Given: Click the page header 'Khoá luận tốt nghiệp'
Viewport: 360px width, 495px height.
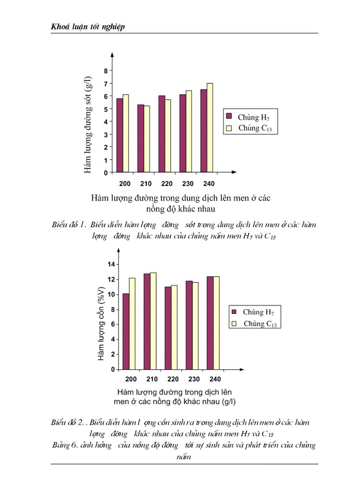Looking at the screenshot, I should point(88,27).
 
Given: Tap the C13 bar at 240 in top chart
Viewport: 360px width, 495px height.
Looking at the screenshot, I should point(210,128).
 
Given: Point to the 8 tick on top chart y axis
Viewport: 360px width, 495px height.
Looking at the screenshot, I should point(105,71).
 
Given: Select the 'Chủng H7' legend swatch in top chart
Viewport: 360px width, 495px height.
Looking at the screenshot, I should point(229,116).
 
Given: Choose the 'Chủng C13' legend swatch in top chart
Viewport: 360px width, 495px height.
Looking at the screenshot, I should point(229,128).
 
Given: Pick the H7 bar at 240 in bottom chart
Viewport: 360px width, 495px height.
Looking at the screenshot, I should point(210,323).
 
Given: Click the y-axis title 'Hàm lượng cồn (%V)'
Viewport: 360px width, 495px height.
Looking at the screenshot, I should point(101,324).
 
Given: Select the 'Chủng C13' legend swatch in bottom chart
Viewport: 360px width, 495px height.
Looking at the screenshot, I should point(235,323).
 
